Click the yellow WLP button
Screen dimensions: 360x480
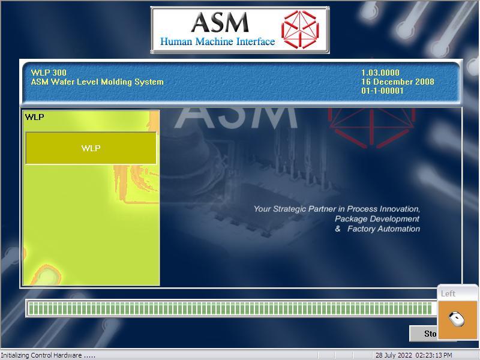pos(91,148)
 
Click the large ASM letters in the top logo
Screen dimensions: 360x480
pos(219,23)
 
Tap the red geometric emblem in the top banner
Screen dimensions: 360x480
pos(300,29)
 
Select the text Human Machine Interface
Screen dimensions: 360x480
pos(217,42)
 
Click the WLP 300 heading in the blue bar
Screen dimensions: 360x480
pos(49,73)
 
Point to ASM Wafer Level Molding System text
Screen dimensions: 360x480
pos(97,82)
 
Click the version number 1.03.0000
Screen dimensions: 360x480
pos(380,73)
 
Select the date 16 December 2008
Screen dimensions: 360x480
pos(397,82)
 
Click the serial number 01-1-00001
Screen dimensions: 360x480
pos(382,91)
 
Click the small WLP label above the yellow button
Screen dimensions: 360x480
pos(34,117)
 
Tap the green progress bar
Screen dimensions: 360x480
pos(229,308)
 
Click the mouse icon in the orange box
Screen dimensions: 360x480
pos(457,319)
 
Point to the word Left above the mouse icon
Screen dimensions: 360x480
pos(448,293)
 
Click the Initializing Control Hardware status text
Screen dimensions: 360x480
pos(48,355)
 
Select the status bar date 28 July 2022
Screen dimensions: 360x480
pos(394,355)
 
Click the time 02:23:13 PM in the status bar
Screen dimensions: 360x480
pos(433,355)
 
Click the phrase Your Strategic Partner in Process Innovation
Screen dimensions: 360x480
pos(337,209)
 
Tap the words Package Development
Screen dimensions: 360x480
pos(377,219)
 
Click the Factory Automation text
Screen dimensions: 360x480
pos(383,229)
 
